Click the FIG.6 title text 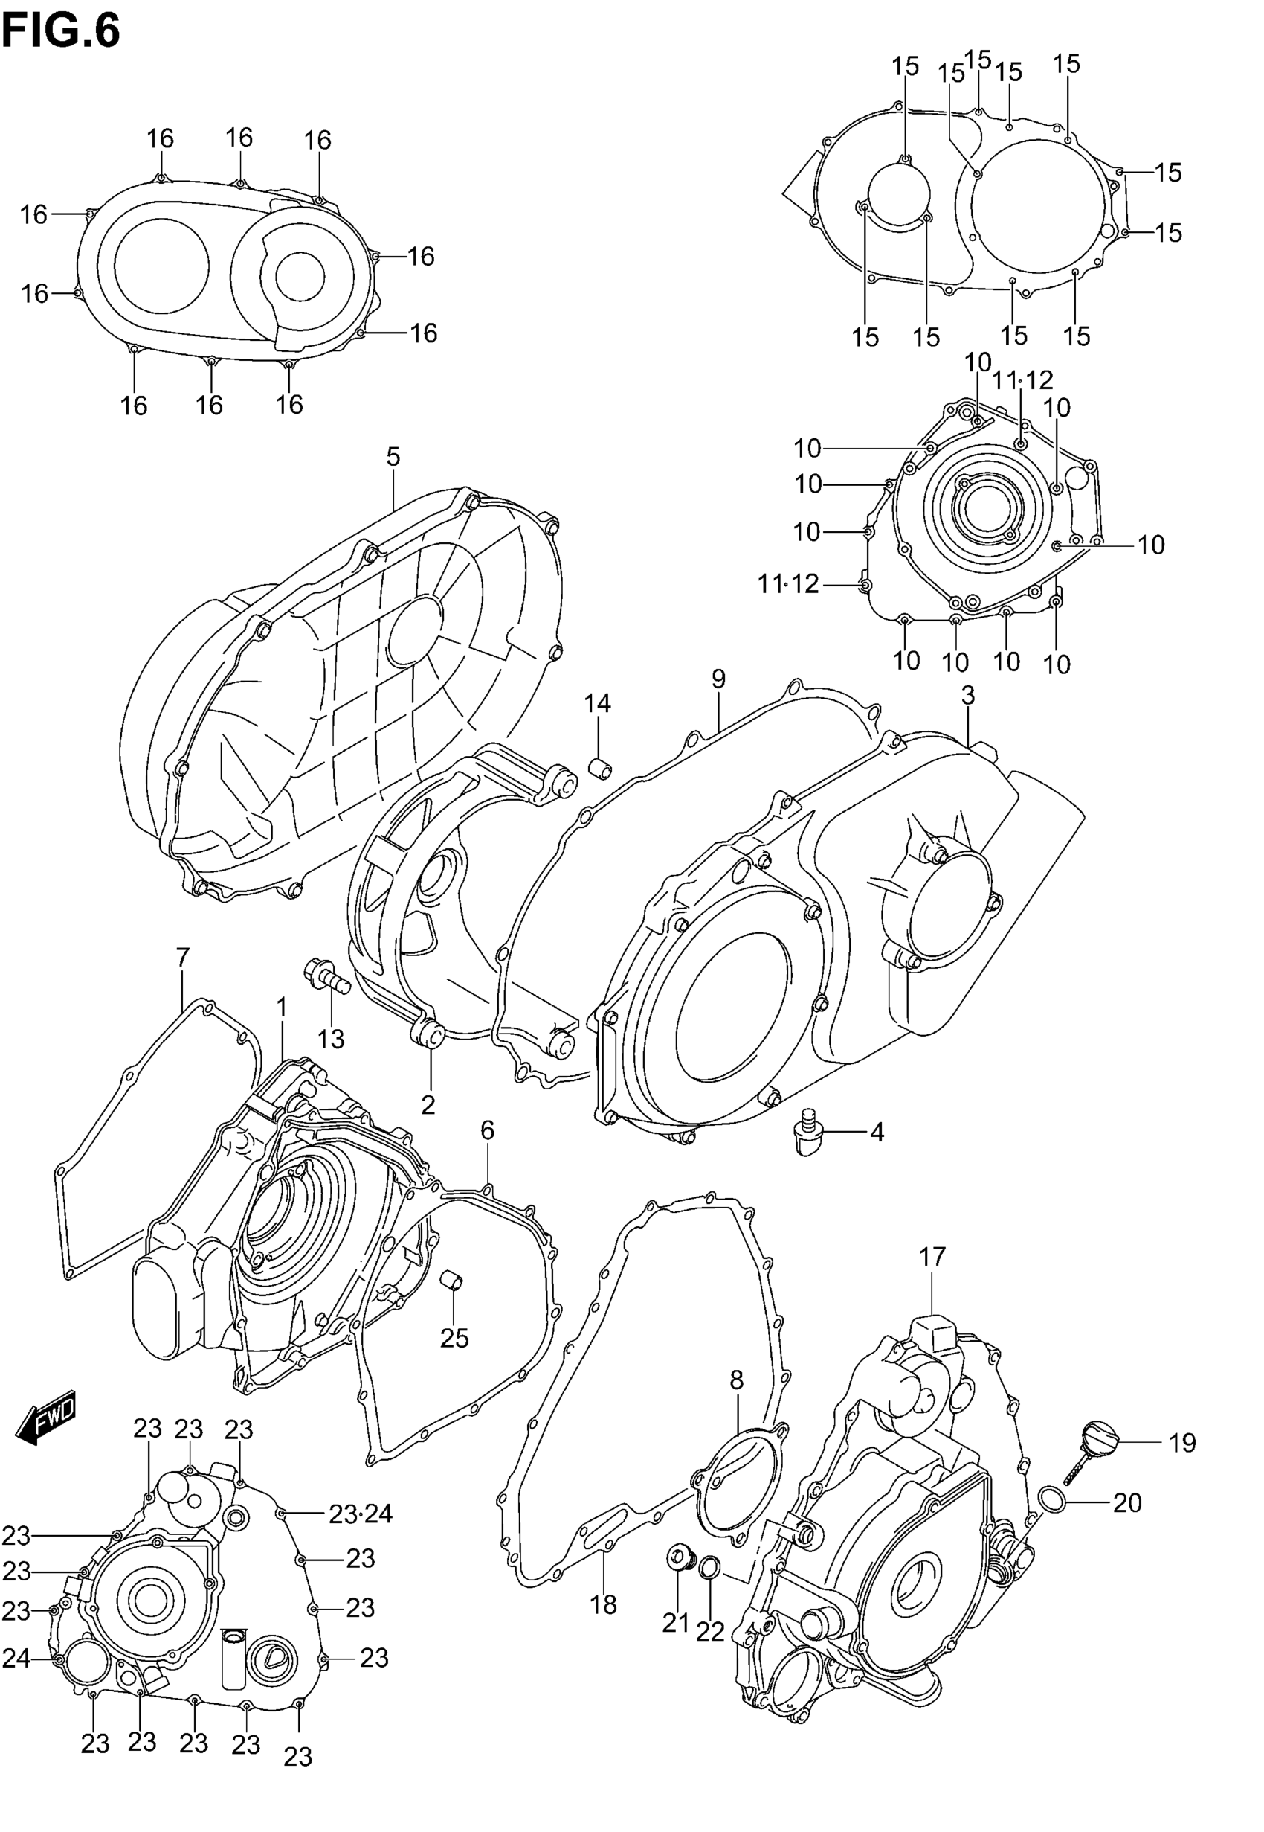point(61,32)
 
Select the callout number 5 point(393,457)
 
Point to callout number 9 point(718,679)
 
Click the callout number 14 point(598,704)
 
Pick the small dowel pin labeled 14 point(600,768)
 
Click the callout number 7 point(183,958)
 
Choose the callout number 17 point(932,1257)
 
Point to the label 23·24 point(361,1515)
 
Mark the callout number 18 point(603,1604)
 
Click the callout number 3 point(968,696)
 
